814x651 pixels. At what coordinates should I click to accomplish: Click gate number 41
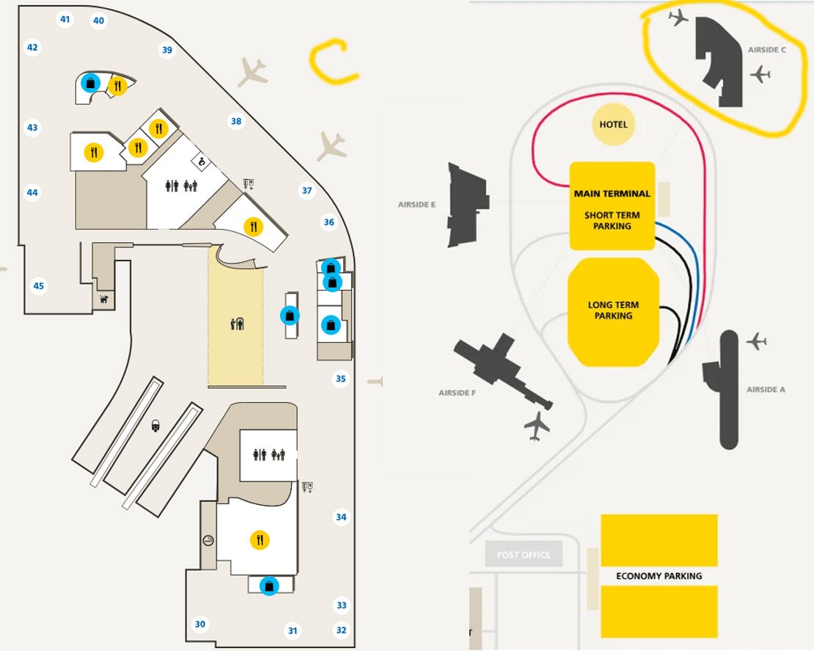pos(65,19)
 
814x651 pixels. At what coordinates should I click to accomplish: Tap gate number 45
pos(39,286)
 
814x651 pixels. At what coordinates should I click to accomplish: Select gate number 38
pos(236,121)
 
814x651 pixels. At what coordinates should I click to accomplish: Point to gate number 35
pos(340,379)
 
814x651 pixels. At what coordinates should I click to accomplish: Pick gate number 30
pos(200,625)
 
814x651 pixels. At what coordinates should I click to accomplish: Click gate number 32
pos(340,630)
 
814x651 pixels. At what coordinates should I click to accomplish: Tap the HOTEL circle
pos(614,125)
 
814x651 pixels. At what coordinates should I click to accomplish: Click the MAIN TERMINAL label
pos(612,194)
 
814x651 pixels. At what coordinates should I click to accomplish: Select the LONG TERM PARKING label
pos(613,310)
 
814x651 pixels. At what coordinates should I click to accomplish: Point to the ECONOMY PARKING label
pos(659,576)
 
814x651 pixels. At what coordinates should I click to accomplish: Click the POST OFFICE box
pos(524,555)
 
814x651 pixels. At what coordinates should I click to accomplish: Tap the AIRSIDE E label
pos(417,205)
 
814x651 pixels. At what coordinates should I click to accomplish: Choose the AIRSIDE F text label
pos(458,393)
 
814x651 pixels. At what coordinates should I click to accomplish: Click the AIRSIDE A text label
pos(766,390)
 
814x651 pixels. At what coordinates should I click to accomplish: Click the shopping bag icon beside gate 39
pos(90,83)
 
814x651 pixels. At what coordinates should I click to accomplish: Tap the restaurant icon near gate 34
pos(259,541)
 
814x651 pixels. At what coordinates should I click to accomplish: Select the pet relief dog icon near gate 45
pos(103,299)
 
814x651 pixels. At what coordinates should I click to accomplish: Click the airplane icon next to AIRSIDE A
pos(756,341)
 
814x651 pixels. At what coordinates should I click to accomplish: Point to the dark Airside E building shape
pos(467,204)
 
